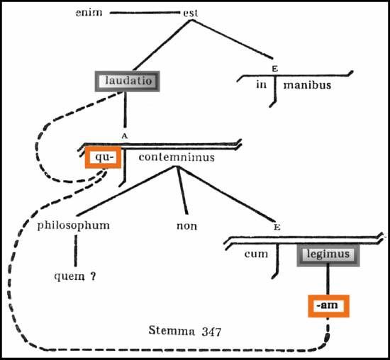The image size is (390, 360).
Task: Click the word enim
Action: (89, 12)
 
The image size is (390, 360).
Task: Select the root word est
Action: (191, 13)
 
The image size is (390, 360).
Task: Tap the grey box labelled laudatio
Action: (127, 81)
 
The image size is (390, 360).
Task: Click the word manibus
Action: (307, 85)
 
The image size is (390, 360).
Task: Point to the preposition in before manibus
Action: (261, 84)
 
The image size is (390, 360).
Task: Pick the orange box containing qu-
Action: (103, 157)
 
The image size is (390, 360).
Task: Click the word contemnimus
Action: (177, 157)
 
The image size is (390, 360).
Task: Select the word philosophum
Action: (73, 226)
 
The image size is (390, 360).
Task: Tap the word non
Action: (186, 226)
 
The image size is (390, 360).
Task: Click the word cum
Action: (256, 254)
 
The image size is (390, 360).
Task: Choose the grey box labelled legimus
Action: (328, 255)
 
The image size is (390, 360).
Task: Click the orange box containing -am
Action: (328, 306)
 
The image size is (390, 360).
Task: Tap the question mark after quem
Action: (93, 276)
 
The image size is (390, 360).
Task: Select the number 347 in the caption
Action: (211, 332)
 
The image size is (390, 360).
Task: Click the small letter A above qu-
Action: (125, 136)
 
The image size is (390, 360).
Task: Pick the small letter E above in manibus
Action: (275, 69)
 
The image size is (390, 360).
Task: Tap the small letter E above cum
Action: (277, 227)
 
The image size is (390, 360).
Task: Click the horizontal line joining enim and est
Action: (145, 13)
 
